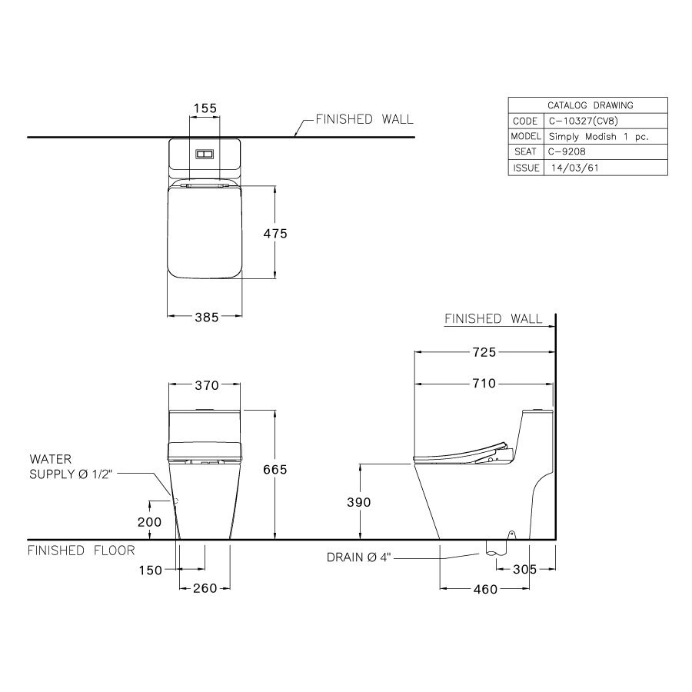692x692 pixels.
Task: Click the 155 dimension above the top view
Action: coord(205,108)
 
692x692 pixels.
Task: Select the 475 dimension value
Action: coord(274,233)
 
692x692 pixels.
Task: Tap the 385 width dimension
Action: coord(205,316)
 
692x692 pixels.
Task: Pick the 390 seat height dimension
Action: coord(359,502)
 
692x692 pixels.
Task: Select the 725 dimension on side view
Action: coord(484,352)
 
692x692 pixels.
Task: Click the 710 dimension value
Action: coord(484,383)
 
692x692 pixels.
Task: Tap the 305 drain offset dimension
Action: coord(524,570)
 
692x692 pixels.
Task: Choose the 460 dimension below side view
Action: coord(485,589)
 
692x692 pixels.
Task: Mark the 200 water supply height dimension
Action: coord(150,522)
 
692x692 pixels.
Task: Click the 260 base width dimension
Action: coord(205,588)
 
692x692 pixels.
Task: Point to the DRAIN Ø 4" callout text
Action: coord(359,557)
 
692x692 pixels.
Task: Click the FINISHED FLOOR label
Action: coord(82,551)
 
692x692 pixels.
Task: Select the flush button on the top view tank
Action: coord(204,154)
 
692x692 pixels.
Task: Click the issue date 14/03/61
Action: coord(570,168)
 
